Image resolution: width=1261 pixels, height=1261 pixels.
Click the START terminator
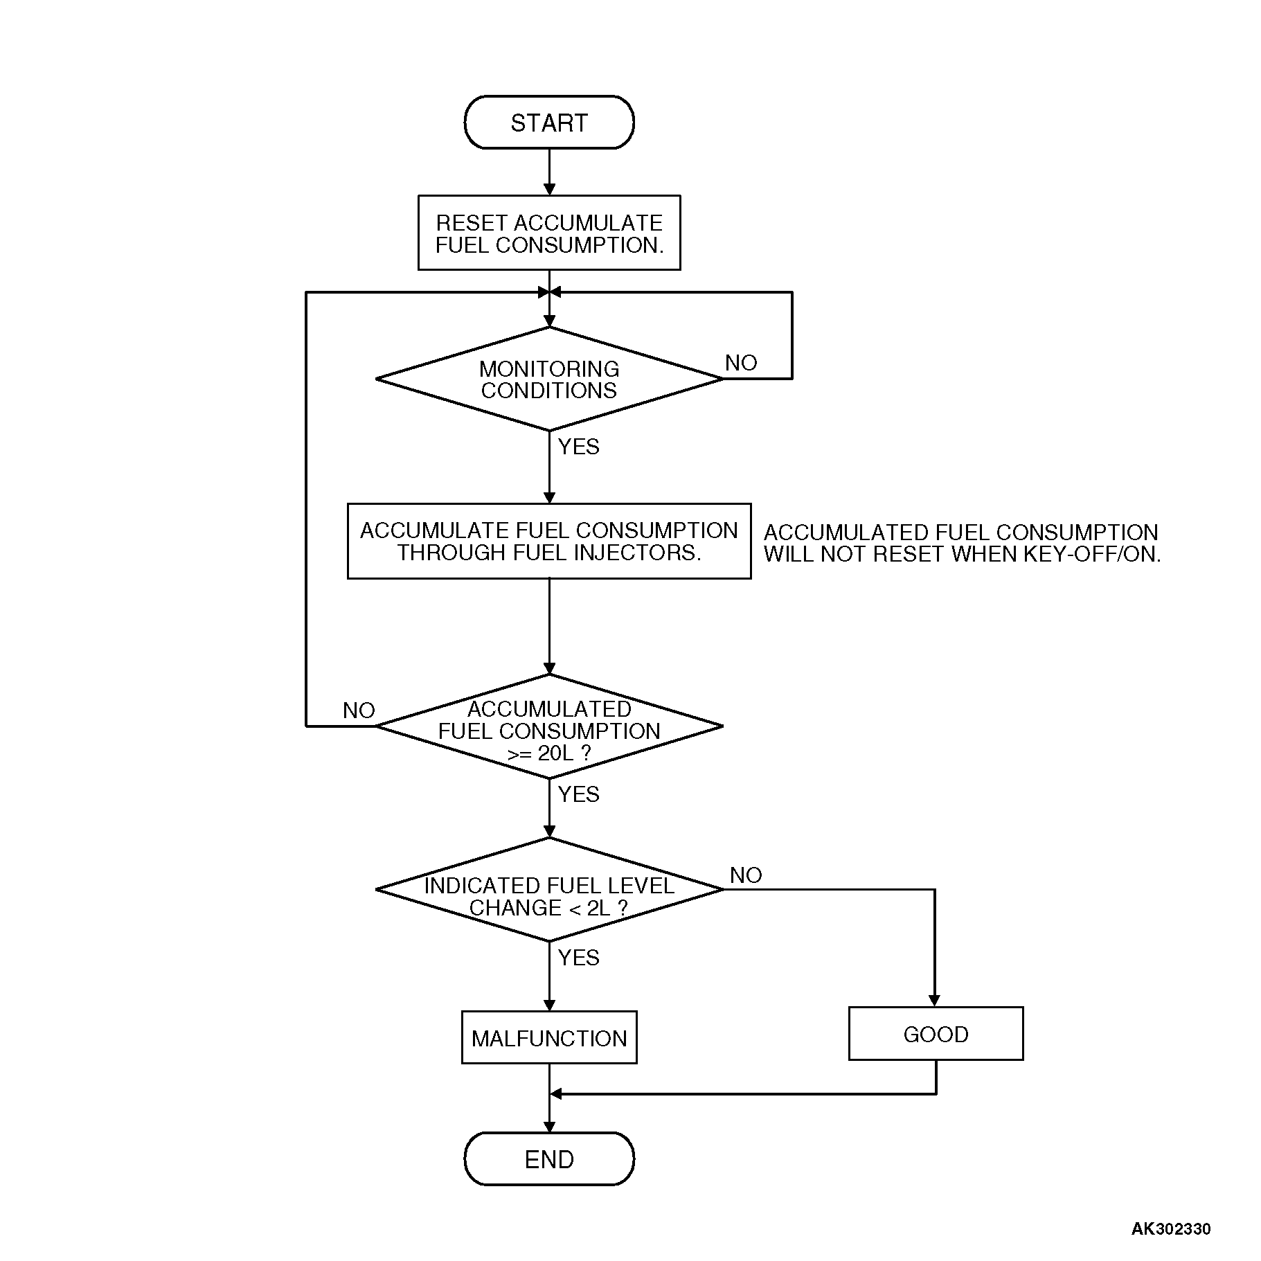coord(548,123)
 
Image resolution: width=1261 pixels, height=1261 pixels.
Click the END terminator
coord(548,1159)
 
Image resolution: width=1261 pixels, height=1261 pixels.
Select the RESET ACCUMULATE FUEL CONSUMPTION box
coord(548,233)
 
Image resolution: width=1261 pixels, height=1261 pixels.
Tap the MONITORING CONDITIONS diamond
coord(548,379)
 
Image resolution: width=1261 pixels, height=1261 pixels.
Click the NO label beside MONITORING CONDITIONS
coord(740,363)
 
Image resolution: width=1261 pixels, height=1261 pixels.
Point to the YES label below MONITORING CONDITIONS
coord(578,447)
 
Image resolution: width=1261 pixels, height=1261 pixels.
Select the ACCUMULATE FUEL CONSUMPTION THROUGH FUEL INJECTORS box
coord(548,541)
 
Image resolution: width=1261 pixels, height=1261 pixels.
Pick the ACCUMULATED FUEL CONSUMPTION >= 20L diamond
coord(548,727)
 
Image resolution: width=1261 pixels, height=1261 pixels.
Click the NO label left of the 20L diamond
coord(358,710)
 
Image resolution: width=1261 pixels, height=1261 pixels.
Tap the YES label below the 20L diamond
coord(578,794)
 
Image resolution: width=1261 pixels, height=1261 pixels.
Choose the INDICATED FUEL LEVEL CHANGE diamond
coord(548,891)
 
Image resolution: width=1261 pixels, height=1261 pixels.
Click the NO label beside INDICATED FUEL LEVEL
coord(745,875)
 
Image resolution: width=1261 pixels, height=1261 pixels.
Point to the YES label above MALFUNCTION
coord(578,958)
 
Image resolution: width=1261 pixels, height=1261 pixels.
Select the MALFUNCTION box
coord(548,1038)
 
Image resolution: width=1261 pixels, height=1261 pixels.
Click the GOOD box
coord(936,1034)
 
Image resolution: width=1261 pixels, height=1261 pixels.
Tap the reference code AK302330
coord(1170,1229)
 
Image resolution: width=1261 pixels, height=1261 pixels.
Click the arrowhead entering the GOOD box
coord(934,1001)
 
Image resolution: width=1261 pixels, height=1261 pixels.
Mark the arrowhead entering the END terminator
coord(549,1127)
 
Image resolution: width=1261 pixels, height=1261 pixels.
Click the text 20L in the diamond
coord(555,753)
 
